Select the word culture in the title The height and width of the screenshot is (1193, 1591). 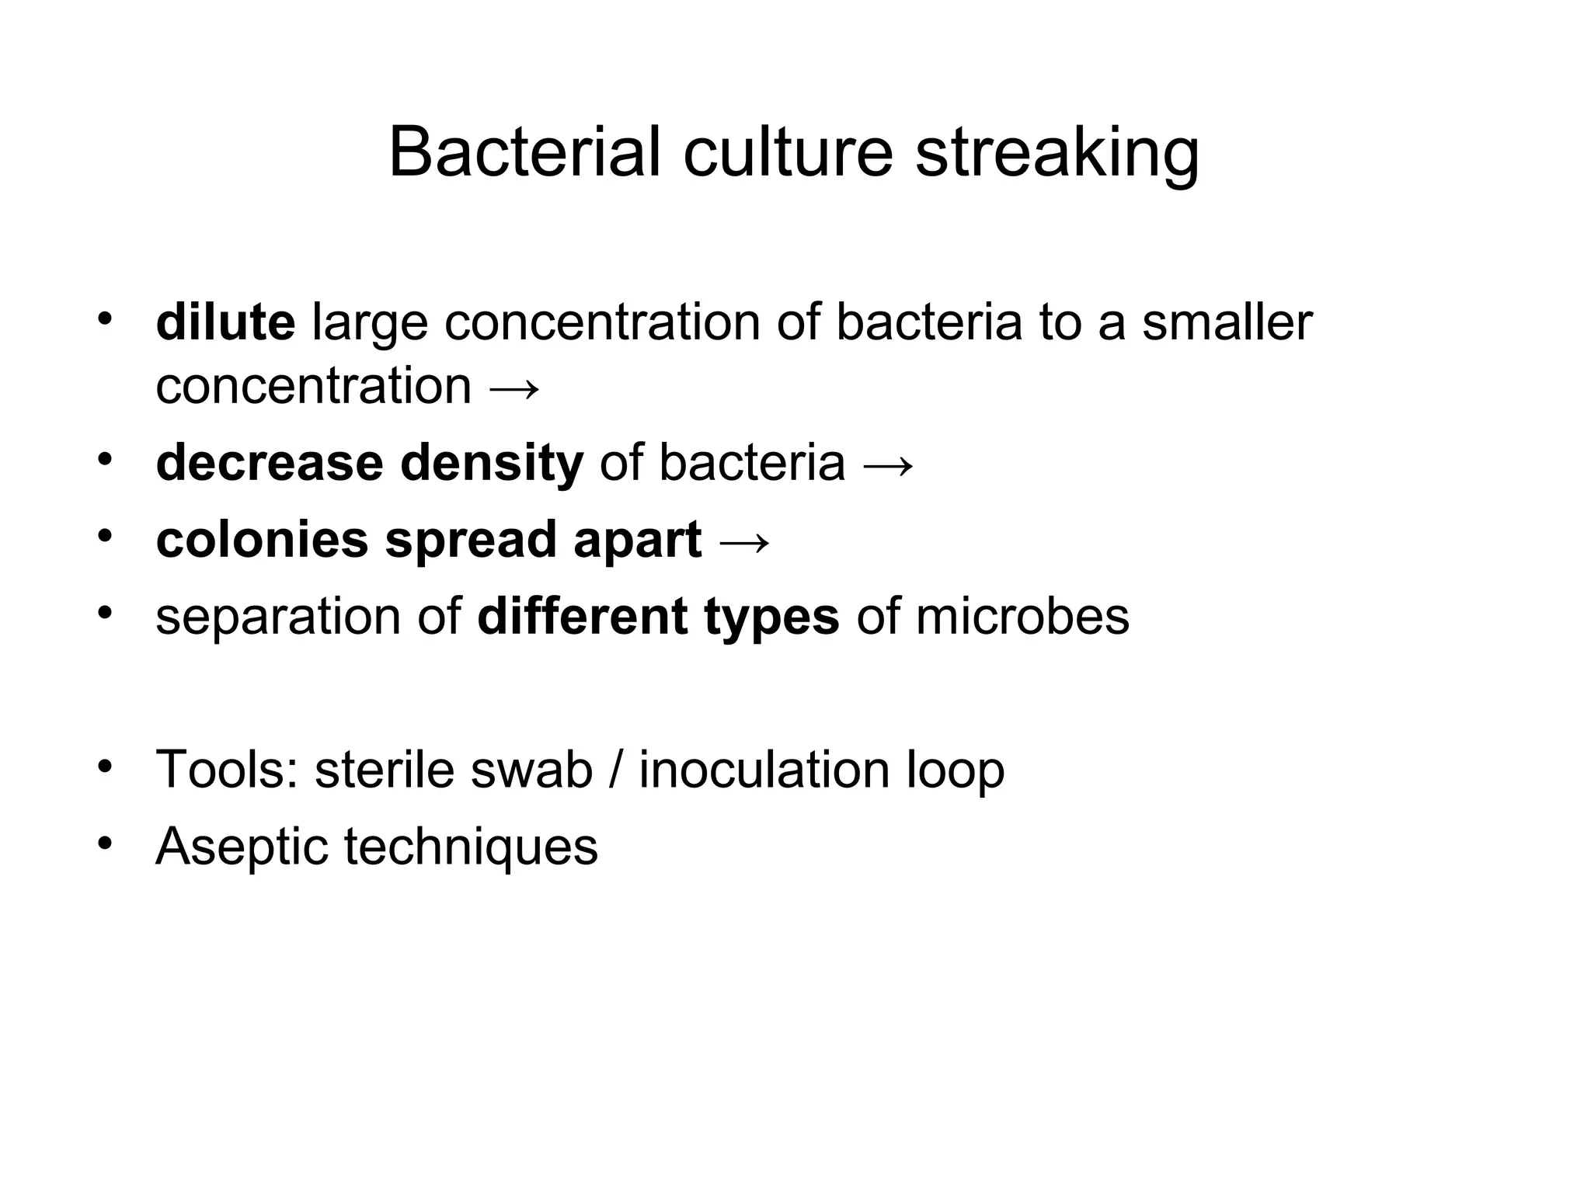tap(788, 152)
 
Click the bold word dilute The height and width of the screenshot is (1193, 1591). tap(225, 322)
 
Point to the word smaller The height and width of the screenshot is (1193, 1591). tap(1227, 322)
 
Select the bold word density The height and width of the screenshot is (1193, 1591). tap(491, 464)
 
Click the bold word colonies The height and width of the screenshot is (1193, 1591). tap(262, 540)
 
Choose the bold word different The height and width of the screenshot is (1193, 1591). tap(582, 617)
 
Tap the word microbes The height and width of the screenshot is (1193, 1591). tap(1022, 617)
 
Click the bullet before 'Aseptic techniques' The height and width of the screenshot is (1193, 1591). tap(106, 843)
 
